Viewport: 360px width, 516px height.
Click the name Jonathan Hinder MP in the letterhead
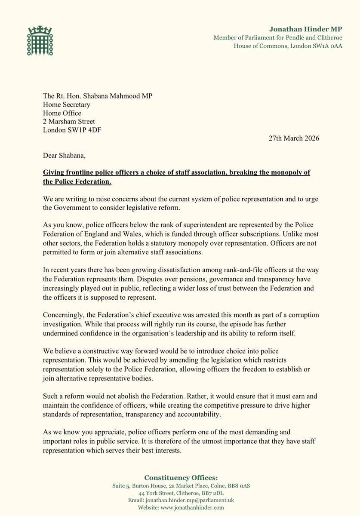pyautogui.click(x=305, y=29)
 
